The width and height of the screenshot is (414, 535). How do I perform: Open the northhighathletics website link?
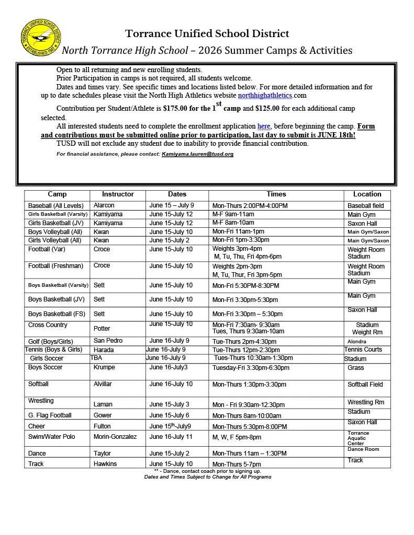[x=265, y=96]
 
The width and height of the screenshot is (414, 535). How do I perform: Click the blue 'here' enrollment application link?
[x=264, y=126]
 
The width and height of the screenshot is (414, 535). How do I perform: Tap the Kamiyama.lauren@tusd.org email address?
[x=197, y=154]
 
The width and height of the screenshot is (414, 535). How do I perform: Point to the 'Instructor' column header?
[x=118, y=194]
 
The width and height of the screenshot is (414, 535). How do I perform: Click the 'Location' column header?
[x=367, y=194]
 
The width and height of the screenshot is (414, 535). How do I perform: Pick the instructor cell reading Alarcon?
[x=104, y=205]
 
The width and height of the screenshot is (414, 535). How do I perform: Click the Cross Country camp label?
[x=48, y=325]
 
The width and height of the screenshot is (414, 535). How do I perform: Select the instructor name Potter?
[x=102, y=329]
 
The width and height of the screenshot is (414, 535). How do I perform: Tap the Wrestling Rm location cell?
[x=365, y=402]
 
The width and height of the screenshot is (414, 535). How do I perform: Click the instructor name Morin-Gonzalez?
[x=115, y=437]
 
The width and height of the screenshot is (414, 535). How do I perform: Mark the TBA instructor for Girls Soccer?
[x=96, y=358]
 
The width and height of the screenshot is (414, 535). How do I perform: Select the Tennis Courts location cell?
[x=363, y=350]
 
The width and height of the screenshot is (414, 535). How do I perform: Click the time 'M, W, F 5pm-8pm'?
[x=236, y=437]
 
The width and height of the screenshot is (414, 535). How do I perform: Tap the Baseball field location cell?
[x=365, y=206]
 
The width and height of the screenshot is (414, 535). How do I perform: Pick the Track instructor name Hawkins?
[x=105, y=464]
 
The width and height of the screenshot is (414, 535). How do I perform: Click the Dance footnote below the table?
[x=207, y=471]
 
